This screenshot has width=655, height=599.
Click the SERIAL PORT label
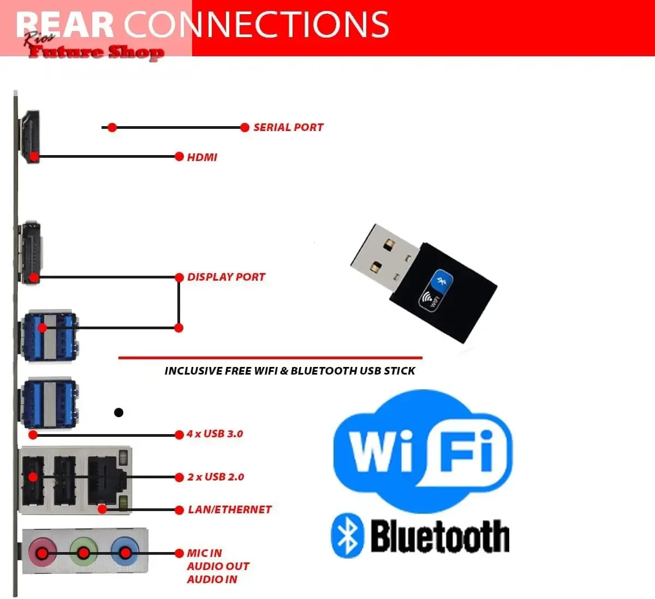[288, 127]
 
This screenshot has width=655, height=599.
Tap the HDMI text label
[202, 157]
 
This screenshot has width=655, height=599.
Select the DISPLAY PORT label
[226, 277]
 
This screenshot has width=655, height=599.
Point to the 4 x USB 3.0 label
[215, 434]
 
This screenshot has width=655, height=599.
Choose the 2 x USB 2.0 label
[216, 477]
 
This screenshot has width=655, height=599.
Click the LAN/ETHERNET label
[229, 509]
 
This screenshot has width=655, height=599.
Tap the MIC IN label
[205, 553]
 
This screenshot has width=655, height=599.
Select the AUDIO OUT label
[218, 566]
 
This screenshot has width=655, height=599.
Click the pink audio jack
[42, 552]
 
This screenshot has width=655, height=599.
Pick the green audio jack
[84, 552]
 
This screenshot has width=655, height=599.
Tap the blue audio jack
[125, 552]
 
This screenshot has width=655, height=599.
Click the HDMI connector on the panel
[29, 137]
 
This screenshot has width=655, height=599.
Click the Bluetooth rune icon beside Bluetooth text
[347, 535]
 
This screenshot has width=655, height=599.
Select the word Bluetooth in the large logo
[439, 537]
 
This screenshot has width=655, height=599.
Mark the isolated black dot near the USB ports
[118, 412]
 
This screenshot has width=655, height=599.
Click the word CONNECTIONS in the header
[257, 25]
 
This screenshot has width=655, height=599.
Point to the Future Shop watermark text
[96, 52]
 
